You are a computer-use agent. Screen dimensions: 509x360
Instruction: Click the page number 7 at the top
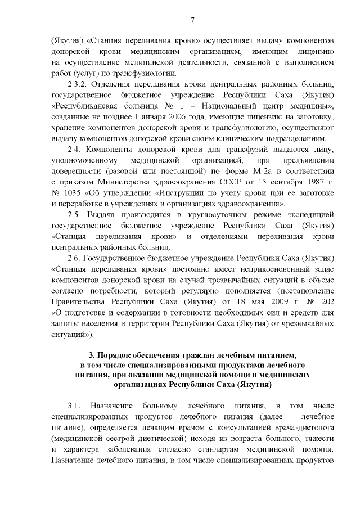(192, 20)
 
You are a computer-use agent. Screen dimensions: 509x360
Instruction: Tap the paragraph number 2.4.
(75, 149)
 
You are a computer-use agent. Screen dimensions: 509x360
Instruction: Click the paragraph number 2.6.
(75, 258)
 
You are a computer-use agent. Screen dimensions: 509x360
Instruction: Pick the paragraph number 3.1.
(75, 405)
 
